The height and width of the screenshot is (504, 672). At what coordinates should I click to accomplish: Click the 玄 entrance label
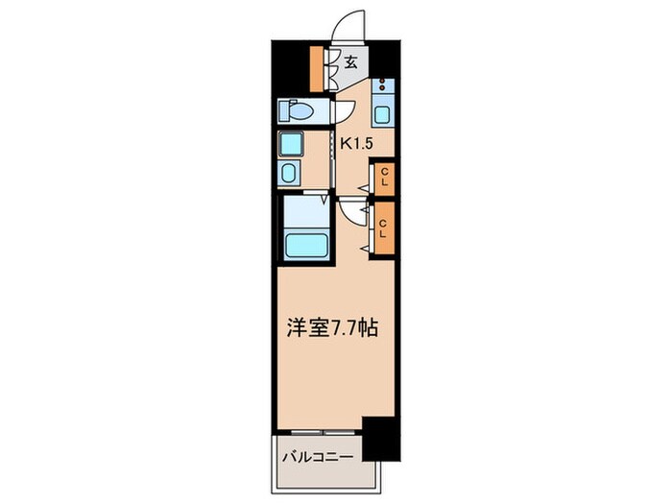pyautogui.click(x=351, y=62)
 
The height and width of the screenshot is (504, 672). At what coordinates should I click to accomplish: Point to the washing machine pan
pyautogui.click(x=291, y=145)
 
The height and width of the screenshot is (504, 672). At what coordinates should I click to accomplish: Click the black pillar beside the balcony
pyautogui.click(x=383, y=441)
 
